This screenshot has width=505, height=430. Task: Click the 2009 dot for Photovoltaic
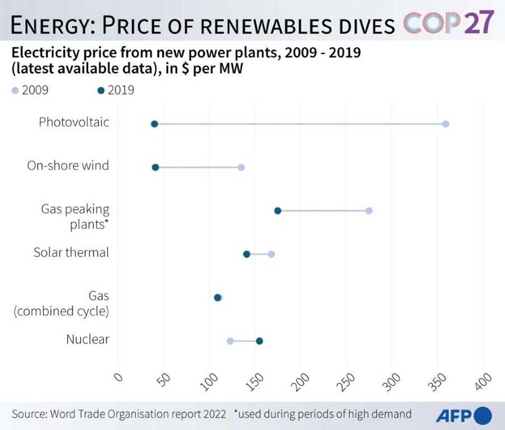445,124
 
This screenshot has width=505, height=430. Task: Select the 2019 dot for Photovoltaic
154,124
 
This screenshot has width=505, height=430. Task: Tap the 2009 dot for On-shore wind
241,167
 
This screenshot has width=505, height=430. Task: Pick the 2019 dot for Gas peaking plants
278,211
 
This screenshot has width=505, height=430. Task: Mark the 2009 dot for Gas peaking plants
369,211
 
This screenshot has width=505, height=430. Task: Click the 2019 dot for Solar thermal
247,254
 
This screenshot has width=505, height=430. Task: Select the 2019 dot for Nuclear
259,341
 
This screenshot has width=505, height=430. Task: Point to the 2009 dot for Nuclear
230,341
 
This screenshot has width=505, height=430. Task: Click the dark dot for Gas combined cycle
217,297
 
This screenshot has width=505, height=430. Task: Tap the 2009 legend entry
30,90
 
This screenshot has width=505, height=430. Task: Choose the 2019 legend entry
115,90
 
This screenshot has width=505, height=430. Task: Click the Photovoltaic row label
74,122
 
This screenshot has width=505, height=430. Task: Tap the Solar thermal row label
71,252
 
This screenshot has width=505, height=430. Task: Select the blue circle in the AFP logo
483,415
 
